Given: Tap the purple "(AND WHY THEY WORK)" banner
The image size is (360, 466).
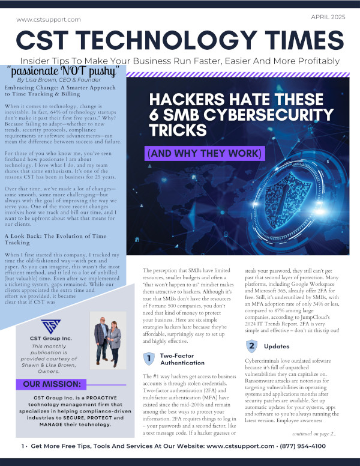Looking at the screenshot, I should point(205,154).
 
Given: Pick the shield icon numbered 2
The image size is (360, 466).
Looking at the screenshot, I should point(251,346).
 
